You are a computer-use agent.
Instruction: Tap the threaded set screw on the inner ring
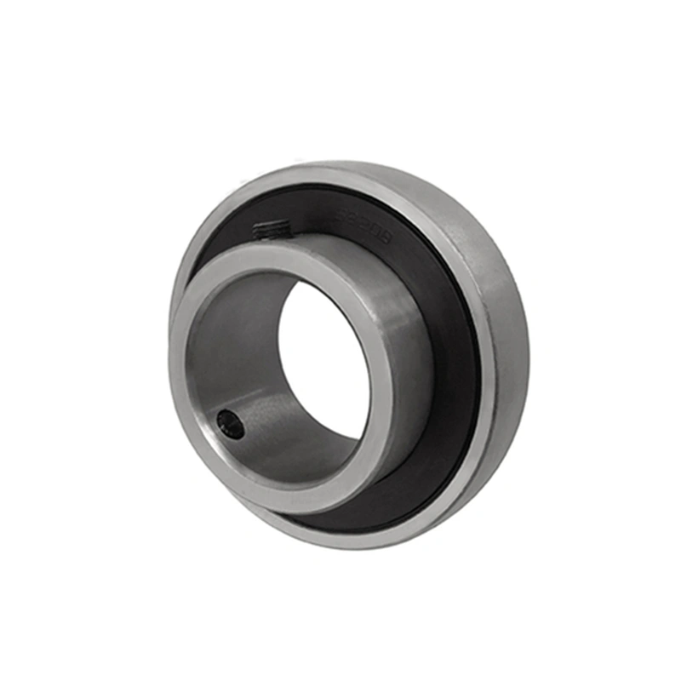273,228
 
